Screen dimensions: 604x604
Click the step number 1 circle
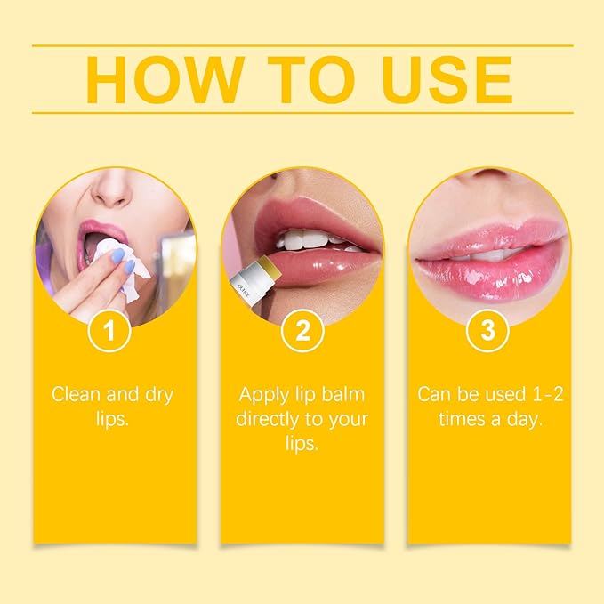tap(111, 332)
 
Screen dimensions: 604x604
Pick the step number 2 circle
tap(302, 332)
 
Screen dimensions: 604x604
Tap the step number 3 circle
tap(487, 332)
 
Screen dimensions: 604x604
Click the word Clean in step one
tap(76, 394)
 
